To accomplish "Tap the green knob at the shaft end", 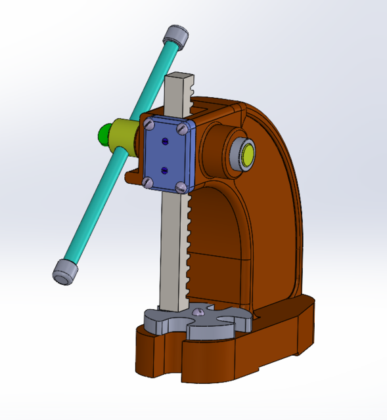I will (104, 135).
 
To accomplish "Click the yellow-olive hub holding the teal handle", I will (124, 139).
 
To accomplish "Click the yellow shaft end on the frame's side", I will (248, 155).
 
